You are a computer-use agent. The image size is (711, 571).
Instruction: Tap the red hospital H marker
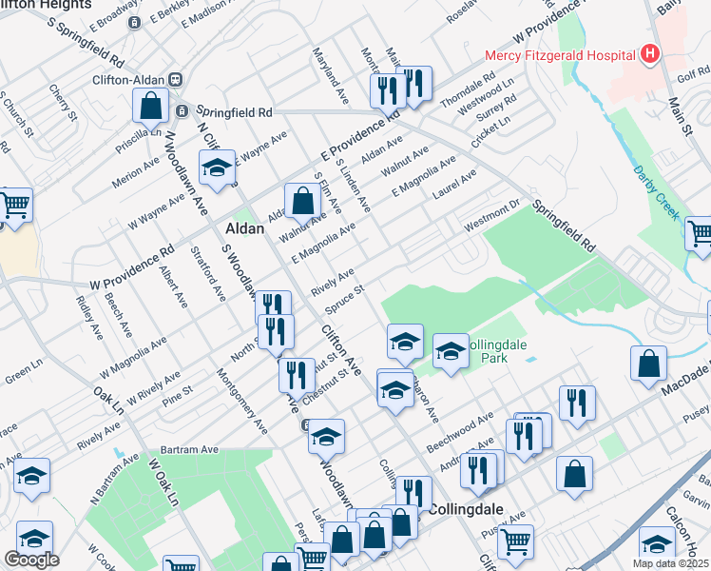pyautogui.click(x=650, y=53)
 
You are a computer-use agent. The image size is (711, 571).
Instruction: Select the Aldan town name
pyautogui.click(x=244, y=228)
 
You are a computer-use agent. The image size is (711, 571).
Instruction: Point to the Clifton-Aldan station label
pyautogui.click(x=129, y=80)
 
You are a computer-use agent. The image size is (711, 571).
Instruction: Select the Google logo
pyautogui.click(x=31, y=560)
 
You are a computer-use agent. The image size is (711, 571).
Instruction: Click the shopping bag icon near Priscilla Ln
pyautogui.click(x=151, y=107)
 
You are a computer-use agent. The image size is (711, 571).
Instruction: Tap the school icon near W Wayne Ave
pyautogui.click(x=217, y=167)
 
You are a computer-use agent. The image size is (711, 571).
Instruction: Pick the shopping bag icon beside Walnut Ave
pyautogui.click(x=301, y=201)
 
